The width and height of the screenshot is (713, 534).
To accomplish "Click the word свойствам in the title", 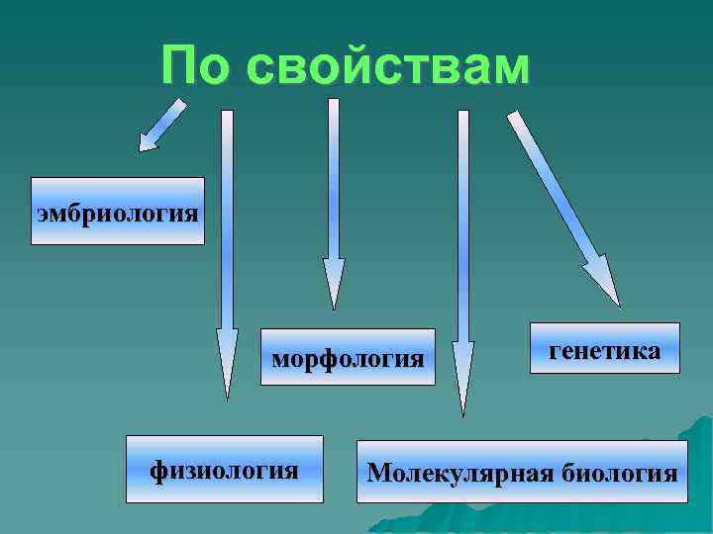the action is (388, 66).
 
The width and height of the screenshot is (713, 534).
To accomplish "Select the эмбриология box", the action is (118, 212).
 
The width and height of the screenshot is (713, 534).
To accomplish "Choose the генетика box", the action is (604, 348).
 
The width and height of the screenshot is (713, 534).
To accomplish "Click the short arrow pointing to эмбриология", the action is (159, 128).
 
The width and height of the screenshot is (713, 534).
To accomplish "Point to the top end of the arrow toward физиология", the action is (227, 115).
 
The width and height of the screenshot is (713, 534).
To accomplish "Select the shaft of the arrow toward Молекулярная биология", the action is (462, 227).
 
